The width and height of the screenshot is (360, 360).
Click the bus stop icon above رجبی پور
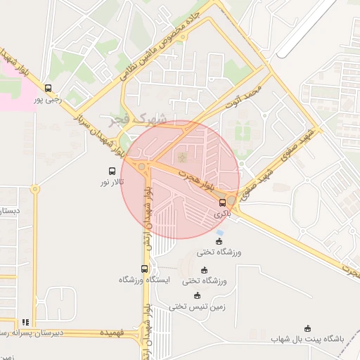tap(48, 88)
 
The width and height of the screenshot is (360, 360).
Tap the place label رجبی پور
tap(49, 99)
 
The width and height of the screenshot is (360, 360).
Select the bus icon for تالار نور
tap(112, 171)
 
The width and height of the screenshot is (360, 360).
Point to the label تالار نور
tap(112, 182)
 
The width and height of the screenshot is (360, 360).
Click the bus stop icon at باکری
tap(223, 202)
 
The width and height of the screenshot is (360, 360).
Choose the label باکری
tap(222, 213)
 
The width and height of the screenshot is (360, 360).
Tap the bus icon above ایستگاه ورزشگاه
tap(145, 269)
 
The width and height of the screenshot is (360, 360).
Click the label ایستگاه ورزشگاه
tap(145, 280)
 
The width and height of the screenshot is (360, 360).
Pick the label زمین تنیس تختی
tap(197, 307)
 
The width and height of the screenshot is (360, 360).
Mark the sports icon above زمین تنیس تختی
tap(197, 295)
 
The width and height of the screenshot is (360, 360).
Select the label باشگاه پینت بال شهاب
tap(308, 339)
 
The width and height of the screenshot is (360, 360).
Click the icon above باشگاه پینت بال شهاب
tap(307, 328)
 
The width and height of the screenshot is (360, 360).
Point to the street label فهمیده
tap(112, 332)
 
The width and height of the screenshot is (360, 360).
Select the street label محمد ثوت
tap(243, 98)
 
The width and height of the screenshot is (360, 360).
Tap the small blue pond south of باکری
tap(221, 233)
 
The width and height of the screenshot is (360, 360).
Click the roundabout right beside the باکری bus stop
tap(231, 200)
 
